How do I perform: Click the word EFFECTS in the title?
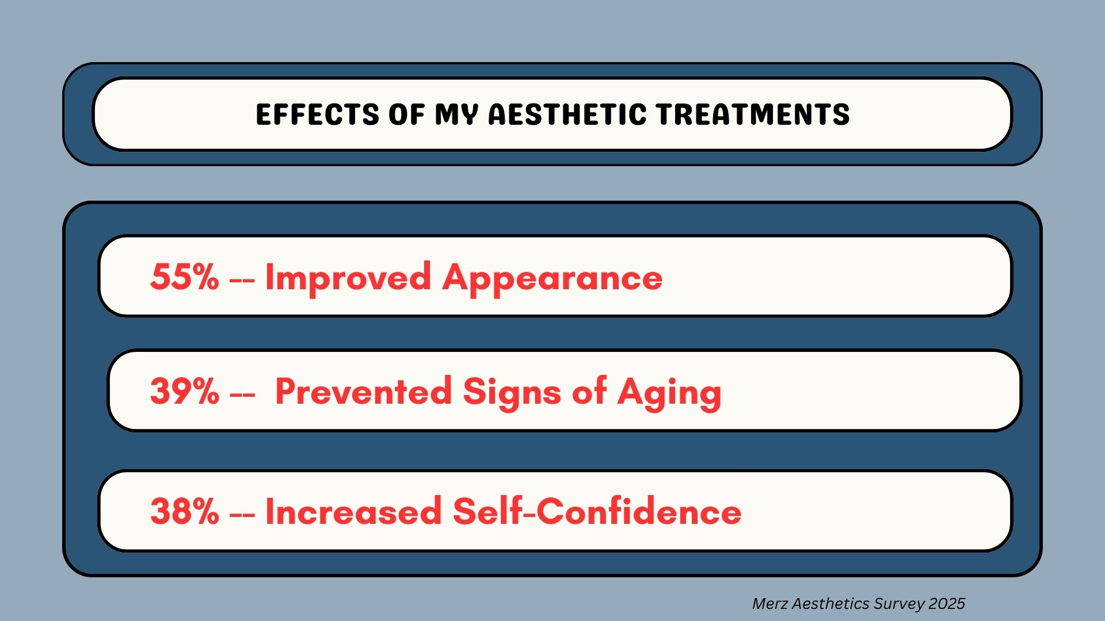point(317,114)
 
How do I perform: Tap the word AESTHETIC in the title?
point(567,114)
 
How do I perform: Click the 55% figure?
point(185,277)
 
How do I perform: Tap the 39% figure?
point(185,391)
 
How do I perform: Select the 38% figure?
point(185,511)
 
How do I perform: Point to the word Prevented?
point(363,391)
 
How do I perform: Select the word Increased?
point(353,511)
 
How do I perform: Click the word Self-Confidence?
point(597,511)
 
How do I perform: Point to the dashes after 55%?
point(242,279)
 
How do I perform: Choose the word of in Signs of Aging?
point(589,391)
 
